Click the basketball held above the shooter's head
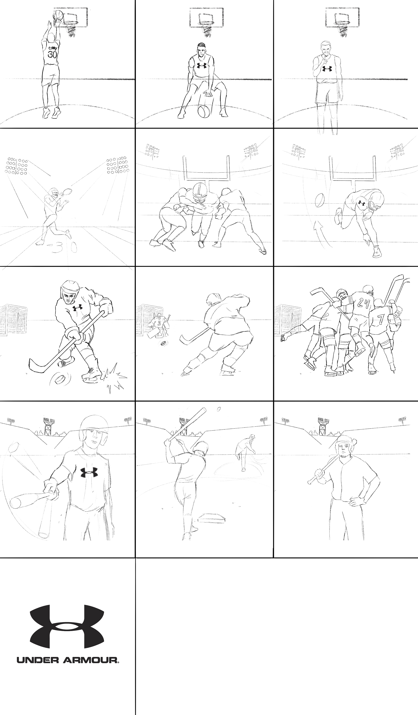58,15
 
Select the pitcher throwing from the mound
245,452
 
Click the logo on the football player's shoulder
361,203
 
